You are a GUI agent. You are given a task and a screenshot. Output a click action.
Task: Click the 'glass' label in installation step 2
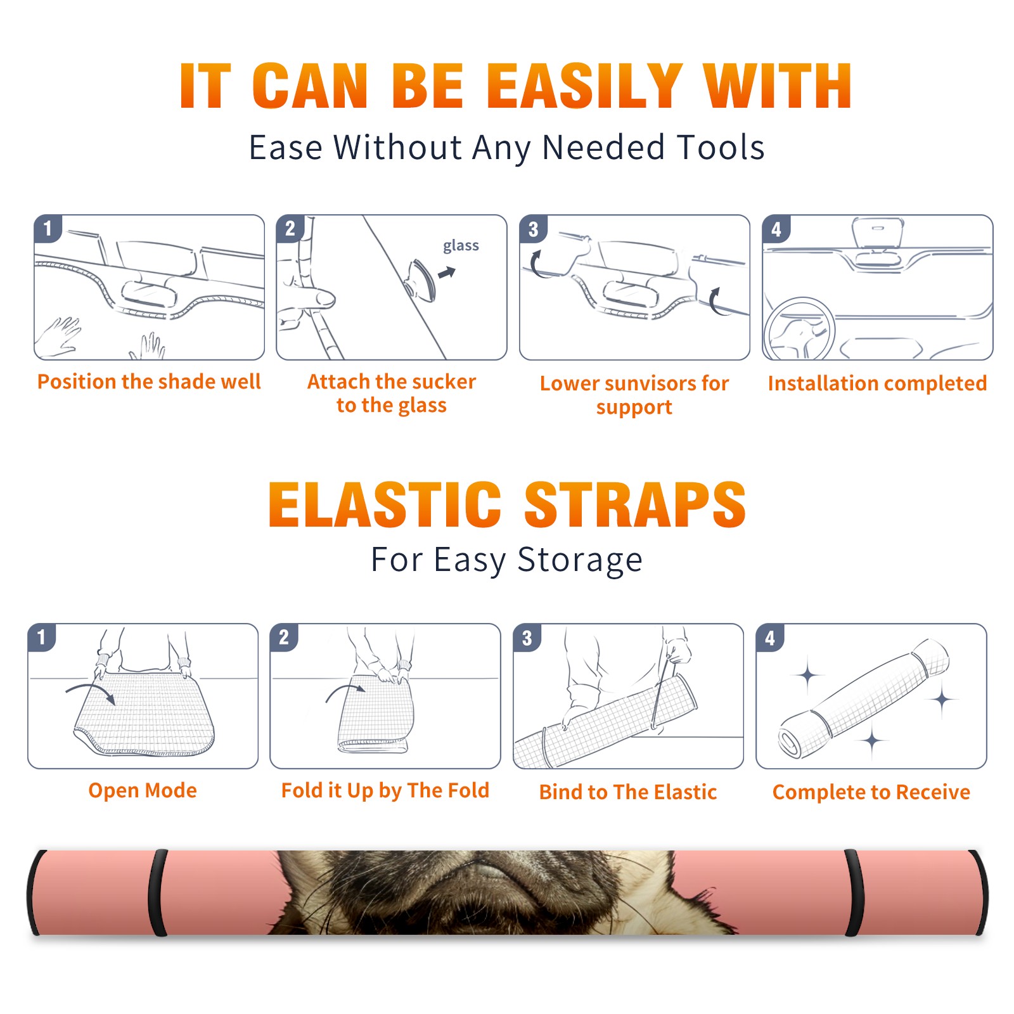point(461,246)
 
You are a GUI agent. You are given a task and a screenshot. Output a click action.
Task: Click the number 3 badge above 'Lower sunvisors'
point(533,229)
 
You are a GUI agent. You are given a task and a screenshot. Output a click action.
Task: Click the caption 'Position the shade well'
point(149,382)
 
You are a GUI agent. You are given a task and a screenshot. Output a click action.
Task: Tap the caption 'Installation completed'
point(877,383)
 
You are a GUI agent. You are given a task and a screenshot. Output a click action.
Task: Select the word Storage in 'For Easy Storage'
point(580,560)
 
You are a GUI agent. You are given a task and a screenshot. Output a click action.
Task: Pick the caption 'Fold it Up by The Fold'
point(385,790)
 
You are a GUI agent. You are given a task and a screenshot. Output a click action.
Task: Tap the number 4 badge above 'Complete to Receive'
point(770,638)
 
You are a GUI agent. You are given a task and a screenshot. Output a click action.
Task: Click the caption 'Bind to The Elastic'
point(628,792)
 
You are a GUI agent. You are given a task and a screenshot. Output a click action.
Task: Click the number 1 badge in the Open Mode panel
point(42,637)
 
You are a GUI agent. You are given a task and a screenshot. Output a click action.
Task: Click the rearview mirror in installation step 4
point(878,233)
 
